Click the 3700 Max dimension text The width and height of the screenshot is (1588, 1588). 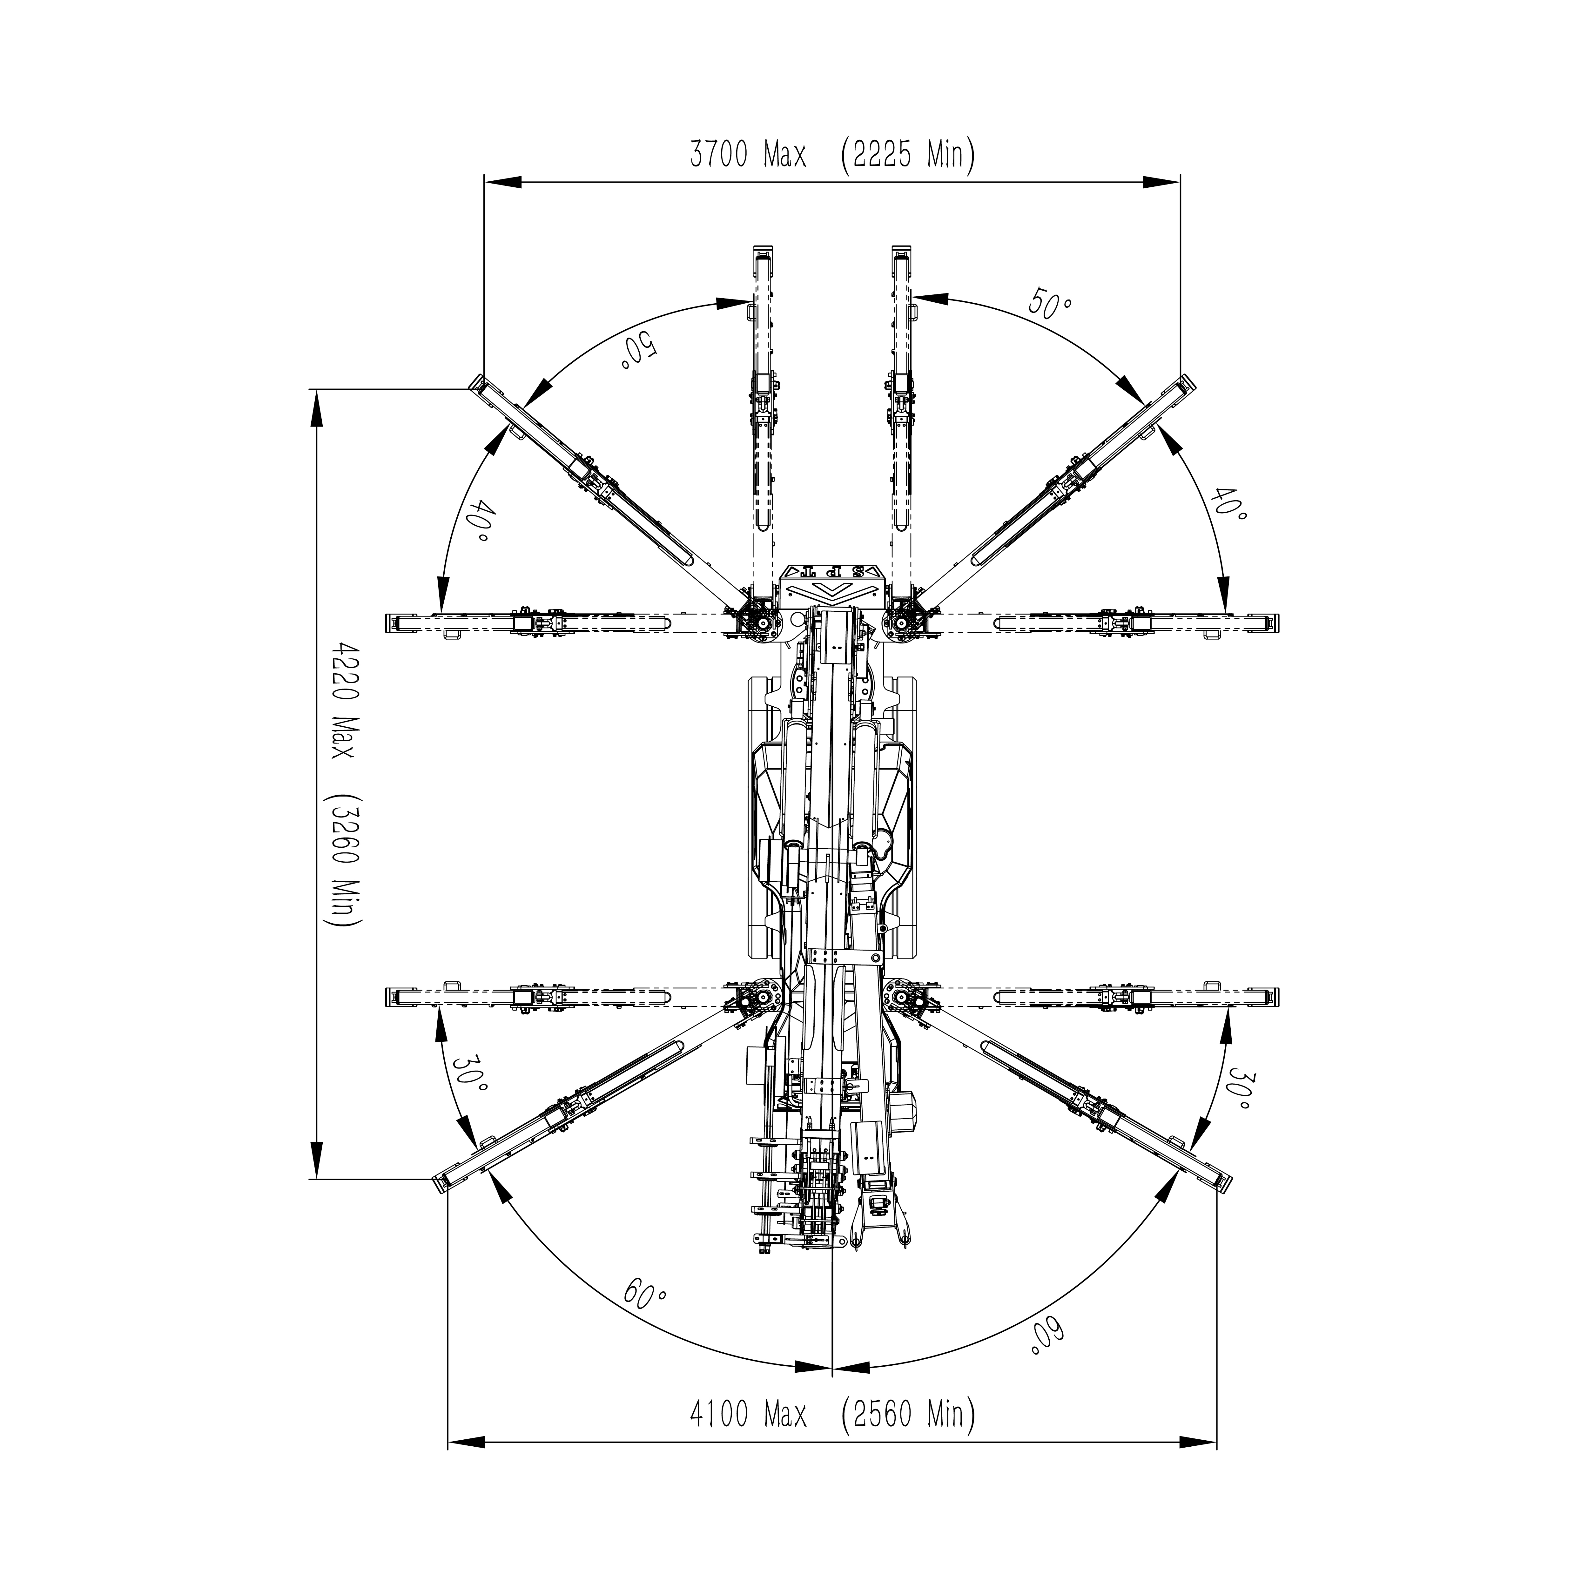(x=748, y=155)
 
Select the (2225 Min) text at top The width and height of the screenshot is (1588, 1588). (x=908, y=155)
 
